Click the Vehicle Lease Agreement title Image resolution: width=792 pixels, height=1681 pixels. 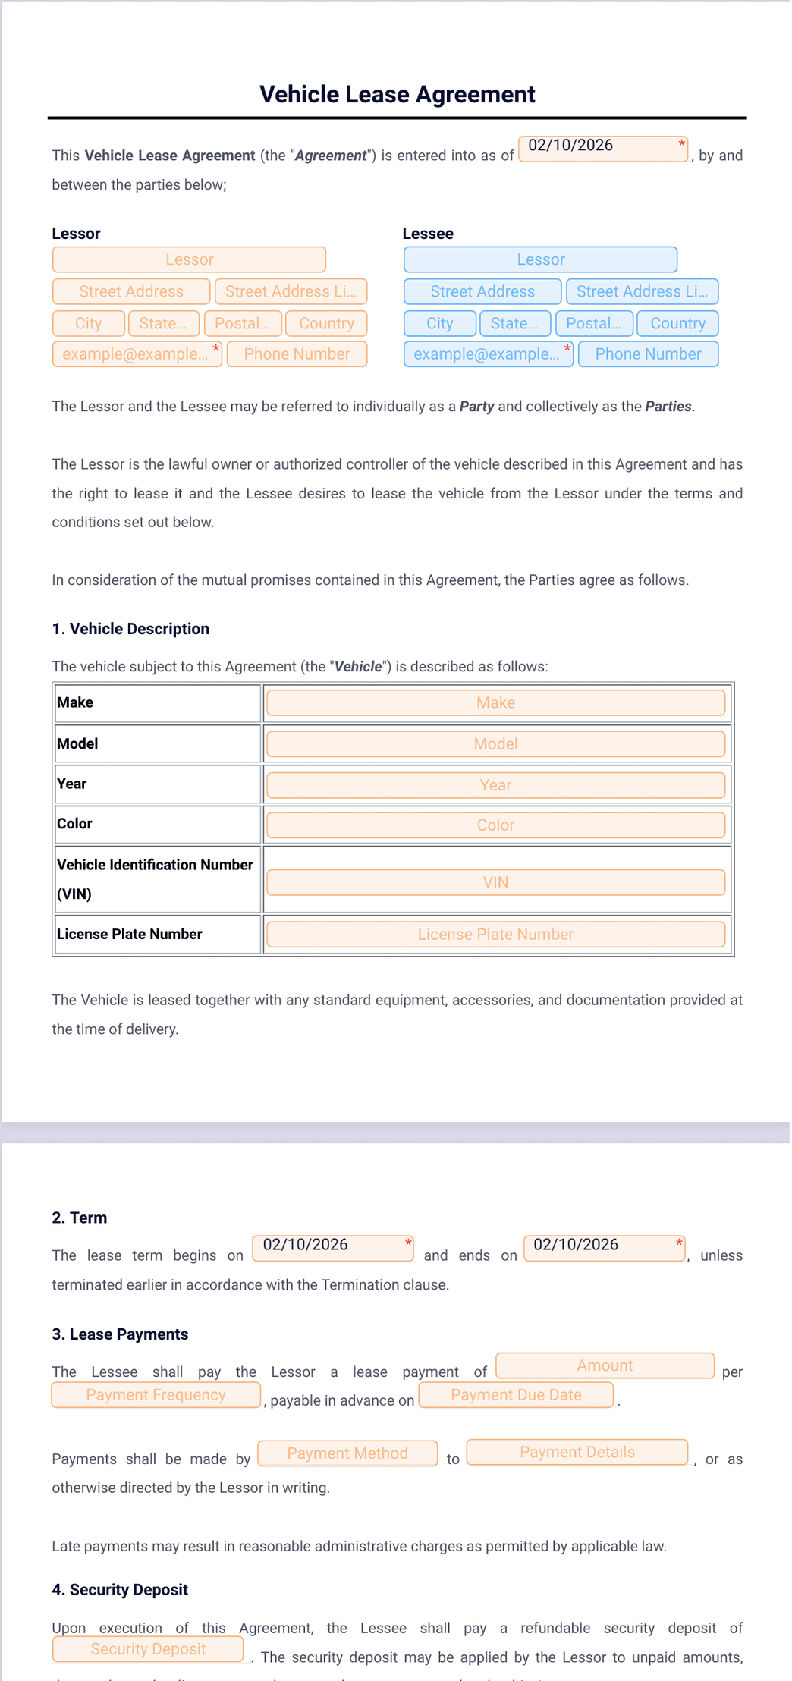pos(397,94)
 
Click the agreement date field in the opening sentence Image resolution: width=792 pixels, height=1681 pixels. pos(602,149)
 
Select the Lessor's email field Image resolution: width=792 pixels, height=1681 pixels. pos(137,354)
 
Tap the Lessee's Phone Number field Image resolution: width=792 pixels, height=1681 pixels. pos(648,354)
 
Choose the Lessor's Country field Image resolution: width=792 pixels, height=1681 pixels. pos(326,323)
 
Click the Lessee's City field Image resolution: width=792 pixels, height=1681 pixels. pos(440,323)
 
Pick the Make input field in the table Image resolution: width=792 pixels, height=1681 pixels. pos(495,703)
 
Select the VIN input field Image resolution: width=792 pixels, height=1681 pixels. pos(495,882)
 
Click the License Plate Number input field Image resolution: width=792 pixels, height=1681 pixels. pos(495,935)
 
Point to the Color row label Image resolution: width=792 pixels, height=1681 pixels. pos(74,824)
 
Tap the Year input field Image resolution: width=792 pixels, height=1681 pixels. pos(495,785)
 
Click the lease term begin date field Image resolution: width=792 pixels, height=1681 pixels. pos(332,1248)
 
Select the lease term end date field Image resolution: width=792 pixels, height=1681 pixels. pos(604,1248)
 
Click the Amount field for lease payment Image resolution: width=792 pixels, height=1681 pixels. pos(605,1365)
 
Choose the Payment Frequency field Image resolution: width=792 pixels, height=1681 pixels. pos(156,1395)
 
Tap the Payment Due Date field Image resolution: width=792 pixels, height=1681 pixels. pos(516,1395)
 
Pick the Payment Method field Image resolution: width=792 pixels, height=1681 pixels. pos(347,1453)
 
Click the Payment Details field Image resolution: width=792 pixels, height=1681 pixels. pos(577,1452)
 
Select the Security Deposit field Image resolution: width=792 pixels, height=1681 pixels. pos(148,1649)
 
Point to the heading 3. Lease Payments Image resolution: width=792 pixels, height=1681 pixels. pos(120,1334)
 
